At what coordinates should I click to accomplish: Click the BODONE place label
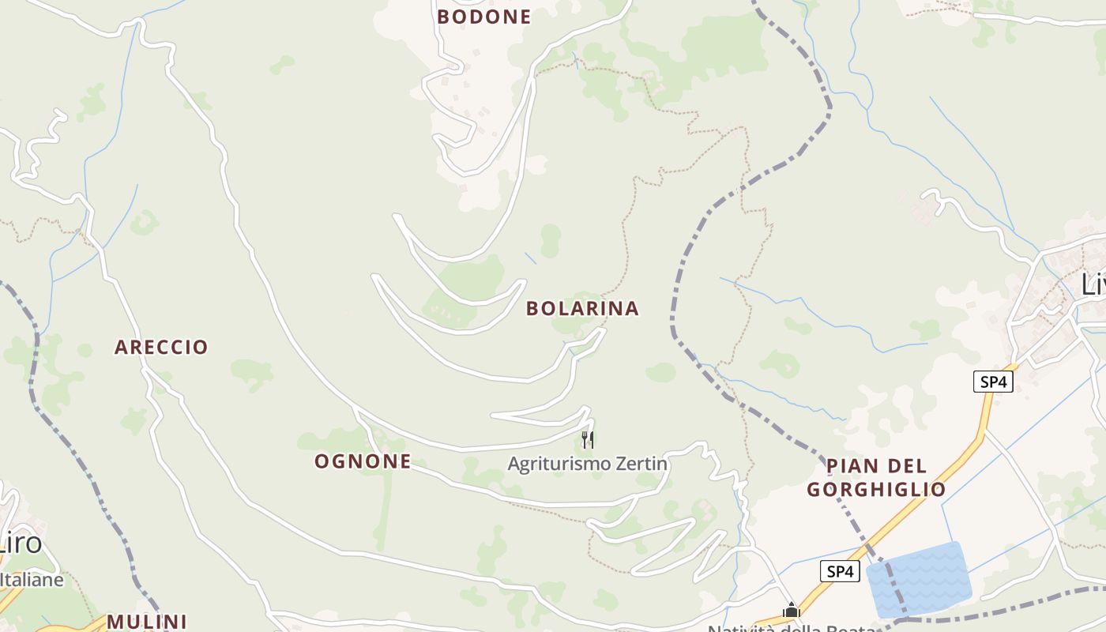click(483, 17)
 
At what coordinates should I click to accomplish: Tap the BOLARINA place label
click(582, 308)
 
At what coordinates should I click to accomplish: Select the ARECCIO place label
click(161, 347)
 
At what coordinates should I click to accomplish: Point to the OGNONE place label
click(363, 461)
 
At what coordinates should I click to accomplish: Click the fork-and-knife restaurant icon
click(588, 439)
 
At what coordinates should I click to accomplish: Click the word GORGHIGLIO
click(876, 490)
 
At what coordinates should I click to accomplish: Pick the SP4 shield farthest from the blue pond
click(993, 382)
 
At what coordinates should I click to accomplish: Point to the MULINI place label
click(147, 622)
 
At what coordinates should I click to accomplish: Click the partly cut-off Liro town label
click(21, 544)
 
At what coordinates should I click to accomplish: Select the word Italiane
click(32, 580)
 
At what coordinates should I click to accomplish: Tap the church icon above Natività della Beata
click(792, 610)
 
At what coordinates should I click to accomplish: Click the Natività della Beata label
click(790, 628)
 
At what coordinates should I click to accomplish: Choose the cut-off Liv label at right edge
click(1093, 284)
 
